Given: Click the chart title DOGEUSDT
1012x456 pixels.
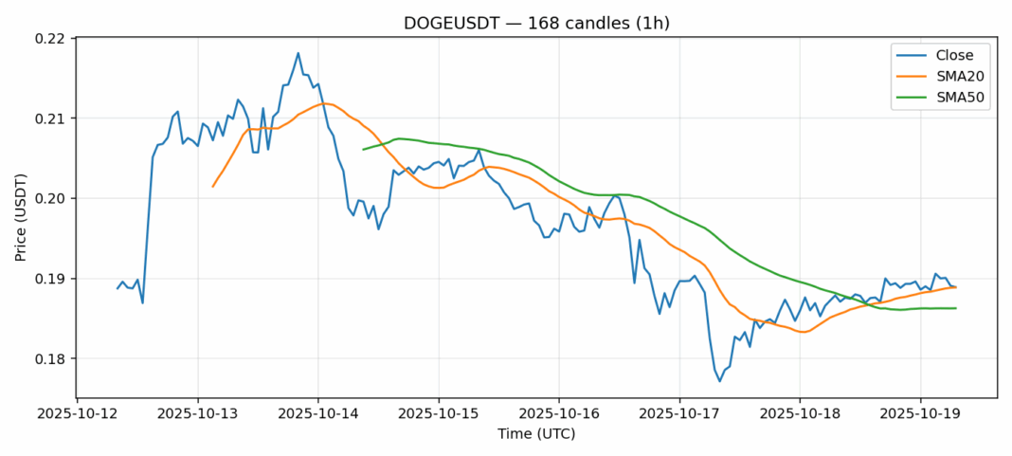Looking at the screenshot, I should coord(536,22).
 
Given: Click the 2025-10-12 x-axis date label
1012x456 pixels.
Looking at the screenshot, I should coord(78,414).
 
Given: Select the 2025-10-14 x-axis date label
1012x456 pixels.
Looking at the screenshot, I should coord(318,414).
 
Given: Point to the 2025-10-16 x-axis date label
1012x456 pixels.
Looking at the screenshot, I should coord(559,414).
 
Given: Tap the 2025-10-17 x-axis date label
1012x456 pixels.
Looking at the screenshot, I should coord(679,414).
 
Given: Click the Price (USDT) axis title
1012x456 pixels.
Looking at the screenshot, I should coord(21,217).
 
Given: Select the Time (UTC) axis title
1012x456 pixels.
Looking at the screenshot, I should coord(536,434).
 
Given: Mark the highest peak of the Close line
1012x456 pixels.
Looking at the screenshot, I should coord(298,53).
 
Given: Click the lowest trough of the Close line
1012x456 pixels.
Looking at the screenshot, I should coord(719,381).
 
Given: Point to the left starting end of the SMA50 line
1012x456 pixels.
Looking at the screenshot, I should coord(363,149).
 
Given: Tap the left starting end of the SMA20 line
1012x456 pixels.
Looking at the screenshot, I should coord(212,186).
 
